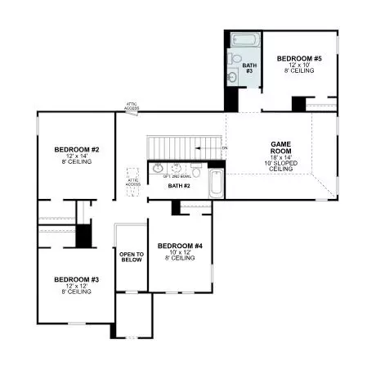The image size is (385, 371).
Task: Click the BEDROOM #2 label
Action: coord(77,149)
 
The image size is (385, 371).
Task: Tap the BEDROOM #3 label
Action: coord(77,279)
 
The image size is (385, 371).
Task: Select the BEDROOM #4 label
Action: coord(180,246)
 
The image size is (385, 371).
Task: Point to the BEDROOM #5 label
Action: coord(298,58)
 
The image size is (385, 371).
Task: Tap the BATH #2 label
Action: coord(179,186)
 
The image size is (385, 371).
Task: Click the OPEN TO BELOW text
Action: coord(132,259)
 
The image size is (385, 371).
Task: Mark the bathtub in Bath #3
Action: coord(244,39)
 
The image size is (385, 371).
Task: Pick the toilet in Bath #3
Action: coord(235,59)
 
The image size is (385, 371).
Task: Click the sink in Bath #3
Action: coord(234,77)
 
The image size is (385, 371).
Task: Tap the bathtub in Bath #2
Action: coord(216,183)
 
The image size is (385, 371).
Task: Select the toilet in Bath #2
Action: coord(196,170)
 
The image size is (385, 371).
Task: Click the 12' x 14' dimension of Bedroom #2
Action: coord(77,156)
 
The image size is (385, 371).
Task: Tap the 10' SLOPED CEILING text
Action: coord(281,165)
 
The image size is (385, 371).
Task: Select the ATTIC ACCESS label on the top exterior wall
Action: coord(132,106)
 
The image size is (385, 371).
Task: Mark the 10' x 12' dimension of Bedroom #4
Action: coord(180,252)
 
